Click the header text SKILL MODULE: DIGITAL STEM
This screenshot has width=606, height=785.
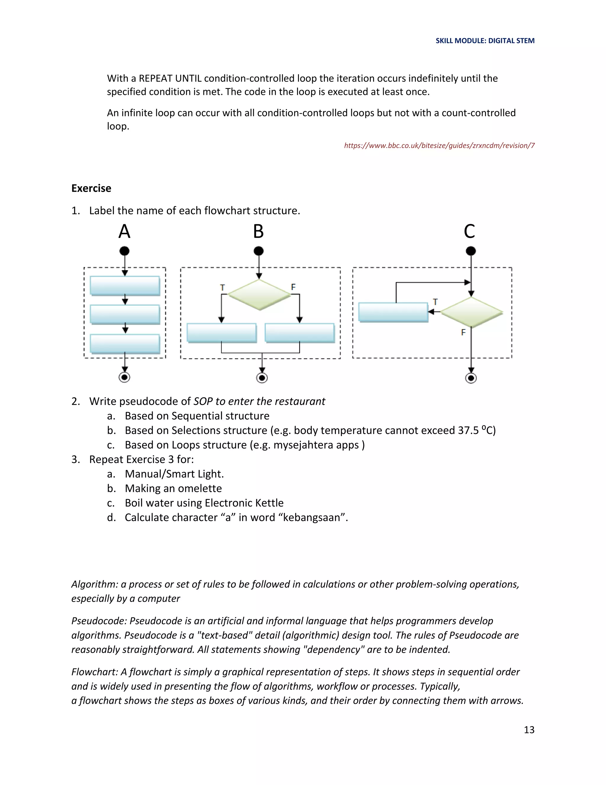click(485, 41)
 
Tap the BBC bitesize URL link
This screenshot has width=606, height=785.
click(439, 145)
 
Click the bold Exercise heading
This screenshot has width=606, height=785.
click(91, 188)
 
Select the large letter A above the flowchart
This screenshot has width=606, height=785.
click(124, 231)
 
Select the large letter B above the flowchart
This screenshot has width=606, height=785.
click(259, 231)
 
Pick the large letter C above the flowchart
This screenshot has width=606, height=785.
click(469, 231)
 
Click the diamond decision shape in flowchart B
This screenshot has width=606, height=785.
click(259, 295)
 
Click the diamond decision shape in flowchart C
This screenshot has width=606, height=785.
click(471, 312)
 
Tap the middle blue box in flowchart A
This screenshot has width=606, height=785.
click(125, 315)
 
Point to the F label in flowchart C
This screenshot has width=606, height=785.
click(463, 332)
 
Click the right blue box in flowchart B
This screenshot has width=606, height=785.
click(299, 332)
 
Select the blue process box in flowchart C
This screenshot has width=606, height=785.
click(393, 312)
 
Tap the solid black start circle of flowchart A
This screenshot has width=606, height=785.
click(125, 251)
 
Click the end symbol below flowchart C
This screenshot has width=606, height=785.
click(471, 378)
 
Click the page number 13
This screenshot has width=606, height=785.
click(529, 730)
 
